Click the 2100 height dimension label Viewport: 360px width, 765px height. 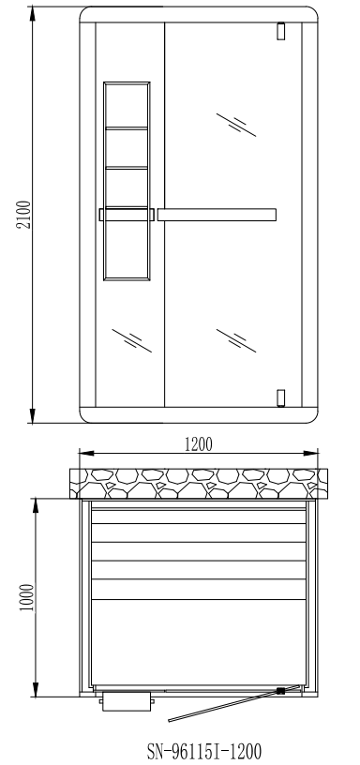click(24, 215)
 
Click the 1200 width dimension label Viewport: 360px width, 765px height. click(199, 444)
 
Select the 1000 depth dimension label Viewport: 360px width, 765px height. click(27, 598)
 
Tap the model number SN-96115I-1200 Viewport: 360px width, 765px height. click(203, 751)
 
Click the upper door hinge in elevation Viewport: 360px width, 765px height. click(280, 31)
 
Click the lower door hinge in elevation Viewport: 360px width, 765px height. click(280, 398)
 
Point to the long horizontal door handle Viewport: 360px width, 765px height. click(217, 215)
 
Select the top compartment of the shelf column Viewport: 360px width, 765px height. click(127, 105)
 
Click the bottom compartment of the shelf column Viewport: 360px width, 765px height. click(127, 249)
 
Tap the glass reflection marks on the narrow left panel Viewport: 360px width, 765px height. click(131, 340)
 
